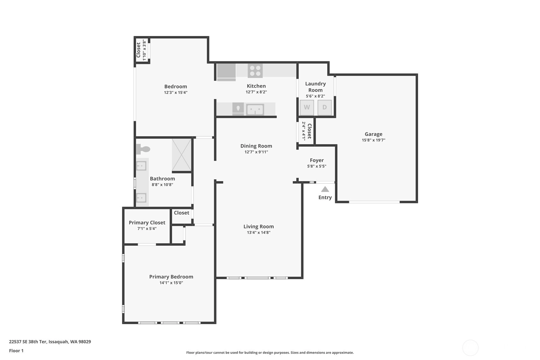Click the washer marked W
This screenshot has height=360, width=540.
coord(307,107)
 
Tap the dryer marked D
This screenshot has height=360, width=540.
coord(325,107)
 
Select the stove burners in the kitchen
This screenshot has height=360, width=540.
coord(255,71)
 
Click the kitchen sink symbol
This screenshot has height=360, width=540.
coord(255,109)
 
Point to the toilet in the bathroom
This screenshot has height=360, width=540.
coord(143,149)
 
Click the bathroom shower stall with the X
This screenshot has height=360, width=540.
coord(181,155)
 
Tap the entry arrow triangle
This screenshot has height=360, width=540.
coord(325,189)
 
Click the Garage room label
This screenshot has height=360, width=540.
coord(374,134)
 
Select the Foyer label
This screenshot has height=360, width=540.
coord(317,160)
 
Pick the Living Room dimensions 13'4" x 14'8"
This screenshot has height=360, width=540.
coord(258,232)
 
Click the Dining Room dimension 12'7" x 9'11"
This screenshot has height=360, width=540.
coord(256,152)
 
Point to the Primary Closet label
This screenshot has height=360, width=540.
coord(147,222)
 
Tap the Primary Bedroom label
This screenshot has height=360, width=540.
coord(171,277)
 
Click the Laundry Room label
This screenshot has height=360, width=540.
coord(315,87)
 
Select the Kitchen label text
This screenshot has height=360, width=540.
coord(256,86)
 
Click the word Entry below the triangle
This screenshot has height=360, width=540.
coord(325,197)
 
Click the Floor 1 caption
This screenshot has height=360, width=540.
coord(16,350)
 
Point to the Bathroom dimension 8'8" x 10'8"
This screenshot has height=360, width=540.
coord(162,185)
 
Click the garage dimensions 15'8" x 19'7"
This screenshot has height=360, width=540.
coord(374,140)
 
